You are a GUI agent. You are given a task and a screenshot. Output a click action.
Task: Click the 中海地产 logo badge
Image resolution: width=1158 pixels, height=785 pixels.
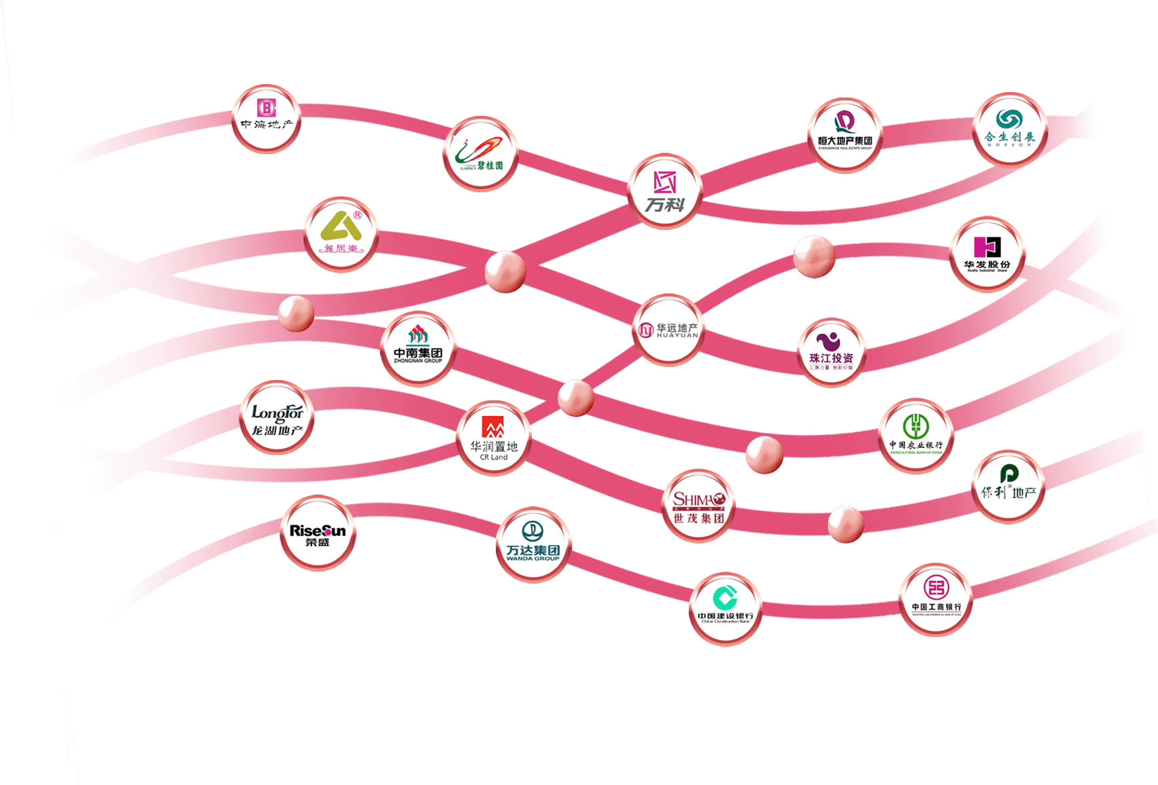(x=266, y=119)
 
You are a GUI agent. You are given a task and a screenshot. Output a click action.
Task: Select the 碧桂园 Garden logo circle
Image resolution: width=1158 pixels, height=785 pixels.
(x=481, y=154)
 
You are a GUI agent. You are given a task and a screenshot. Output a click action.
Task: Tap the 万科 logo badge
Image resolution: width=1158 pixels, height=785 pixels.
(x=665, y=190)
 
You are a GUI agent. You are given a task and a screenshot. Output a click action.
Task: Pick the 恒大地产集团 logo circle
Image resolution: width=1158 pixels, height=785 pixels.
(x=845, y=135)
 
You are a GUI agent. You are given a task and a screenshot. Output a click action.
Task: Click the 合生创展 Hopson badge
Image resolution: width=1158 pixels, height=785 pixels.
(x=1009, y=130)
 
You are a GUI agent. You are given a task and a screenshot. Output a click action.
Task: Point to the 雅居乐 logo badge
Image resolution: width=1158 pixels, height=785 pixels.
(x=341, y=235)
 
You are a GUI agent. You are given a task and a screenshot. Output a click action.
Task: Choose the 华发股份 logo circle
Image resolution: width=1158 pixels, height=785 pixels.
(x=987, y=254)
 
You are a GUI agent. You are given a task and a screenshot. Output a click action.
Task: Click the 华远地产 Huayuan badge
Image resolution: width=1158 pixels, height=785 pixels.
(x=668, y=330)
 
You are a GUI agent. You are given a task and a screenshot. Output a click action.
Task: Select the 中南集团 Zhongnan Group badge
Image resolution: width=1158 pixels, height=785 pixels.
(x=418, y=349)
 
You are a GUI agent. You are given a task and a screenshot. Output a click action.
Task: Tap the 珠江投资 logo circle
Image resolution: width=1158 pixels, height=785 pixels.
(x=831, y=352)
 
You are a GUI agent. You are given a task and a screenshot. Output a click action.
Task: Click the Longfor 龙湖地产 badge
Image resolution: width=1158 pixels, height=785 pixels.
(x=277, y=417)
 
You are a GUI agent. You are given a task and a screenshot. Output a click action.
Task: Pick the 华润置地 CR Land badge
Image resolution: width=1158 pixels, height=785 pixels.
(x=494, y=438)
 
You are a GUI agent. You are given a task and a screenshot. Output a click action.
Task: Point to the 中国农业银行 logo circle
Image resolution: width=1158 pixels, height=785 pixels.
(x=916, y=435)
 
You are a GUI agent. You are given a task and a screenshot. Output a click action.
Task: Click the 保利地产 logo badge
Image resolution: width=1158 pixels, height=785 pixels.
(x=1008, y=487)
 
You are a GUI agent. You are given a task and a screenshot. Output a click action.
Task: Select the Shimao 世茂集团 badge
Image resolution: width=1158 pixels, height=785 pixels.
(x=698, y=505)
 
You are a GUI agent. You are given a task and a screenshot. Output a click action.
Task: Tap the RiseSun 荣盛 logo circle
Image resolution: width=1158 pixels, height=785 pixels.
(x=318, y=533)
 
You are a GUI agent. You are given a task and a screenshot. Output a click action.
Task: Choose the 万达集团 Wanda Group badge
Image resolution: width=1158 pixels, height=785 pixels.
(x=533, y=544)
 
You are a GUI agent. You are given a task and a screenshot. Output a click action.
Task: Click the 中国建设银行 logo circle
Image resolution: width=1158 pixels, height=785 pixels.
(x=725, y=608)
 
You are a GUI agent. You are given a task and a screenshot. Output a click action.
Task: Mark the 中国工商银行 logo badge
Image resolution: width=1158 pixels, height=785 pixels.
(x=936, y=599)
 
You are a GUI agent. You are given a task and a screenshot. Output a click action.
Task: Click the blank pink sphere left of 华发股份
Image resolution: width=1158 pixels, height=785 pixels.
(x=814, y=256)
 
